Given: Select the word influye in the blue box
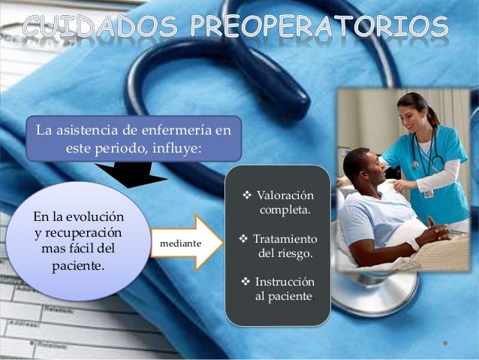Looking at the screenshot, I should (174, 147).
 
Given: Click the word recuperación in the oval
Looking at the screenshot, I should (82, 232).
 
